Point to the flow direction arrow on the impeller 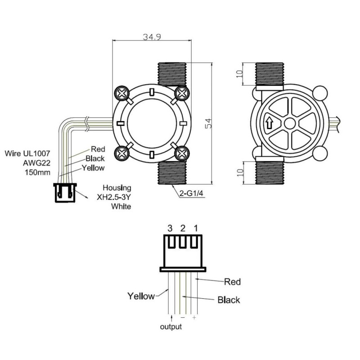pos(269,123)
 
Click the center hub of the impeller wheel pos(290,123)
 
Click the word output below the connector pos(171,327)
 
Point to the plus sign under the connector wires pos(194,317)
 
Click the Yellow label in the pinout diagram pos(141,296)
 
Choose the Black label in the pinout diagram pos(229,300)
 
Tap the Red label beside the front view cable pos(98,149)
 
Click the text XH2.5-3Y pos(114,197)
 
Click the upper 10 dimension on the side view pos(239,74)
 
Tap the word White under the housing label pos(121,207)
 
